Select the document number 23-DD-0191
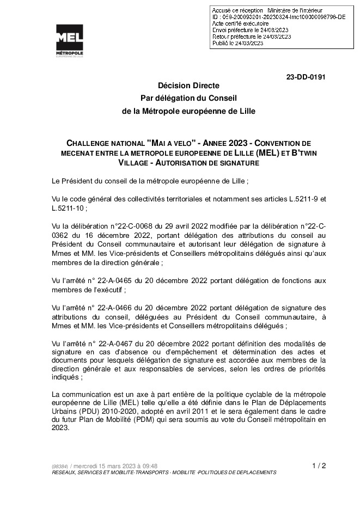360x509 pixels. point(306,77)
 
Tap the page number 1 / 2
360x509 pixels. point(319,465)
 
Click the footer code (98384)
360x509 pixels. point(59,467)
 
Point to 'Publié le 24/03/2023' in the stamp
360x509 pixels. point(237,42)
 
